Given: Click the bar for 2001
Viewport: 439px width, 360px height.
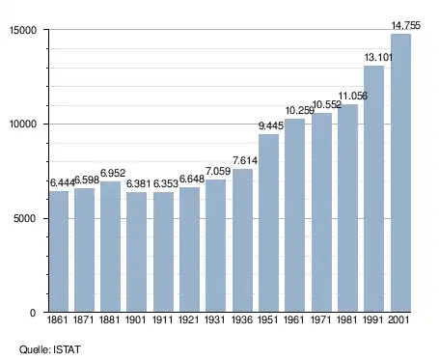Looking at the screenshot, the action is (400, 173).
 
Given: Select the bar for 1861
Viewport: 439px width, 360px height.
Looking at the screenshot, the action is (59, 252).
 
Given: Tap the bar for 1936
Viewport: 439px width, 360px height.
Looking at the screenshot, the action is (242, 240).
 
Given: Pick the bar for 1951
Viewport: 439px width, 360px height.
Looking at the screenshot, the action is (268, 223).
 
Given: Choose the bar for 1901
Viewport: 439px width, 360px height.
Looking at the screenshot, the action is (136, 252).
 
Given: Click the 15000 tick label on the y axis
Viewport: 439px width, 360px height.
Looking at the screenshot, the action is (23, 30).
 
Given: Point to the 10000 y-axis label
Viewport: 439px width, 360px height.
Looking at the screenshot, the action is (23, 125).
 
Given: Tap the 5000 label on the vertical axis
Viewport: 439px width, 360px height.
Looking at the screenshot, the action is (25, 218).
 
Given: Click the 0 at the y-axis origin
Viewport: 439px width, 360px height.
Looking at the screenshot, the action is (33, 313).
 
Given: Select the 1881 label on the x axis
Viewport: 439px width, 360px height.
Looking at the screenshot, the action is (110, 319).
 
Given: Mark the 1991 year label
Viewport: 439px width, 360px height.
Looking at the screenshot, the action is (373, 319).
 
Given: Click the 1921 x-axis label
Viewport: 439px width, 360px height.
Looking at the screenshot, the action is (188, 319).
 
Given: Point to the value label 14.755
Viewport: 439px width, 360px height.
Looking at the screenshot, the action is (405, 25).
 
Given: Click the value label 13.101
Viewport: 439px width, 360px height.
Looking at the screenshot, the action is (378, 58).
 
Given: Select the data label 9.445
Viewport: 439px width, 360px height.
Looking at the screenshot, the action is (271, 125).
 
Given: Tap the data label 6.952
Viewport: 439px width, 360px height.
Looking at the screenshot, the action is (113, 173).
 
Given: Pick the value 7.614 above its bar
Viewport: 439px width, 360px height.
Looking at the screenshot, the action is (245, 160).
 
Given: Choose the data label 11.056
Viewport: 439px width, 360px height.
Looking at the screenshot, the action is (352, 96).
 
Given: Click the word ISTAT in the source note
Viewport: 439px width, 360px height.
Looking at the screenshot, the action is (67, 349).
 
